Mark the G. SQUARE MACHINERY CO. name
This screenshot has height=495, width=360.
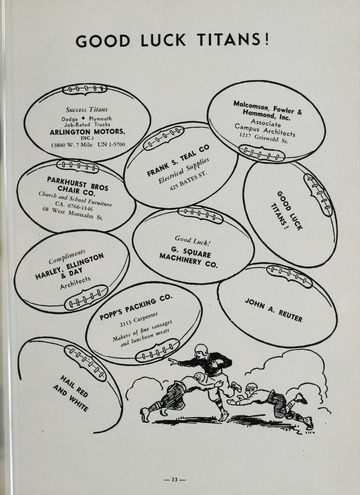click(189, 256)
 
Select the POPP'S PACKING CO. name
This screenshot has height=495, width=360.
click(135, 297)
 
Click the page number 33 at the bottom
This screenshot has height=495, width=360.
click(179, 479)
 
